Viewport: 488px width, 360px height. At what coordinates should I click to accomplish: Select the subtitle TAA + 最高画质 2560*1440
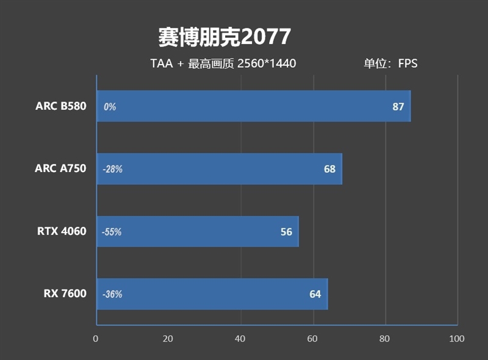(x=223, y=63)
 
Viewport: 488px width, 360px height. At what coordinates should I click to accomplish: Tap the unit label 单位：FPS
(x=390, y=63)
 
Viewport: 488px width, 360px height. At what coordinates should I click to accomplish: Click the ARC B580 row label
(x=60, y=106)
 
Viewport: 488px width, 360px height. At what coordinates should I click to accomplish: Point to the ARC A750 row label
(x=60, y=169)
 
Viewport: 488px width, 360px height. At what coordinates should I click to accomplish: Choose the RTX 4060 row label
(x=62, y=231)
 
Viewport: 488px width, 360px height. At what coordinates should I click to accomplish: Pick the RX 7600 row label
(x=65, y=294)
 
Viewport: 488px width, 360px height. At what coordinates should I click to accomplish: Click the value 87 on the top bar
(x=398, y=107)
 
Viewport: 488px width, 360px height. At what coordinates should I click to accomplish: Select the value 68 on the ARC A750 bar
(x=329, y=169)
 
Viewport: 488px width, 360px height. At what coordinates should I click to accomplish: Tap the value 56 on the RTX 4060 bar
(x=286, y=232)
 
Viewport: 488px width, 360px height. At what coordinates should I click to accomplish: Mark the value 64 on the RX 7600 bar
(x=315, y=294)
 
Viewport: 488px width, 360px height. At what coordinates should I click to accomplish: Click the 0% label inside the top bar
(x=110, y=107)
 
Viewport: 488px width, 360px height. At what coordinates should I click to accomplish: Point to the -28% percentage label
(x=112, y=169)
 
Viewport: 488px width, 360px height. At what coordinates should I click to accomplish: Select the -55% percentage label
(x=112, y=232)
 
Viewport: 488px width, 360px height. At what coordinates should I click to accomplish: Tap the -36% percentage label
(x=112, y=294)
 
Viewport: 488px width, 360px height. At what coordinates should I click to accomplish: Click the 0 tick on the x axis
(x=96, y=339)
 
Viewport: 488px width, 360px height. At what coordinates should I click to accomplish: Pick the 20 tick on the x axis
(x=168, y=339)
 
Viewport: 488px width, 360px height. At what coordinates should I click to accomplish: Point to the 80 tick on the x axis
(x=384, y=339)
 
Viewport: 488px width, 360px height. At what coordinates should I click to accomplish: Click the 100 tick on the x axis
(x=456, y=339)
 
